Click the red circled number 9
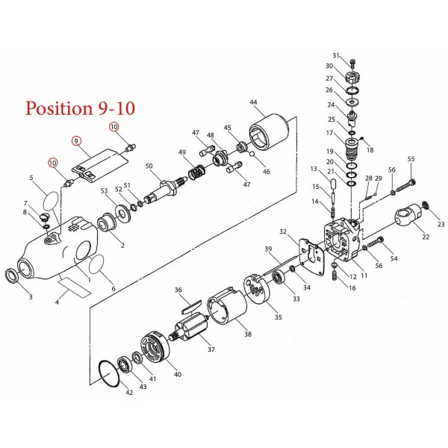click(76, 141)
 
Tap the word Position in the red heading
click(59, 109)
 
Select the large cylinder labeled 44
click(269, 131)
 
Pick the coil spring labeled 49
click(197, 172)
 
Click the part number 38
click(248, 334)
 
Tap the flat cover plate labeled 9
click(99, 166)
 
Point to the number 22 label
click(426, 237)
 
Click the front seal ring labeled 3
click(13, 276)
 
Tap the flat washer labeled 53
click(123, 213)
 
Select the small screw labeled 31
click(353, 63)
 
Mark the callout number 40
click(178, 374)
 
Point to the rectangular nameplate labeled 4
click(74, 287)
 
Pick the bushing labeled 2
click(106, 223)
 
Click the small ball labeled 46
click(252, 155)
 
